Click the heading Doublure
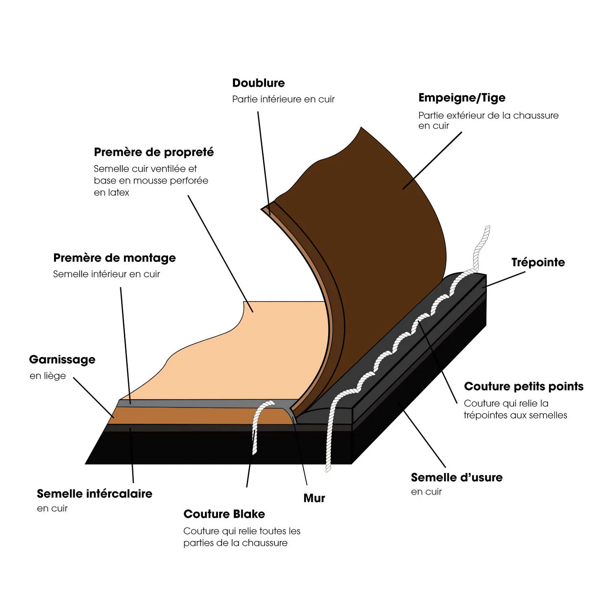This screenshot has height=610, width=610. coord(258,83)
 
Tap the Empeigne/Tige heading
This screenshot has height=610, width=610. coord(462,98)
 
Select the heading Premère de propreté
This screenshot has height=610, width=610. coord(154,152)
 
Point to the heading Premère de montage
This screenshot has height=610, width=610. coord(114,258)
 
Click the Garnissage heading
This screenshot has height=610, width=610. coord(62,359)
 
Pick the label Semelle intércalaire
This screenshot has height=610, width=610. coord(94,494)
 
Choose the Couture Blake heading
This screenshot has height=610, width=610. coord(224,514)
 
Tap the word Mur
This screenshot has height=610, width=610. coord(314,498)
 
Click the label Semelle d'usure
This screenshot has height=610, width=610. coord(457,478)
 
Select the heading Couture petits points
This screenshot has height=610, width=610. coord(524,386)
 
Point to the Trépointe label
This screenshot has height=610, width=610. coord(538,262)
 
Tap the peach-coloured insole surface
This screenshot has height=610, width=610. coord(251,352)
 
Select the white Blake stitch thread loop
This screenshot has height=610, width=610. coord(257,423)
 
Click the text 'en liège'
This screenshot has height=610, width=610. coord(48,376)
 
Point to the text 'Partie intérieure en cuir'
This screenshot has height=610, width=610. coord(283,99)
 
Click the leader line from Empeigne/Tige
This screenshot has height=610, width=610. coord(432,161)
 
